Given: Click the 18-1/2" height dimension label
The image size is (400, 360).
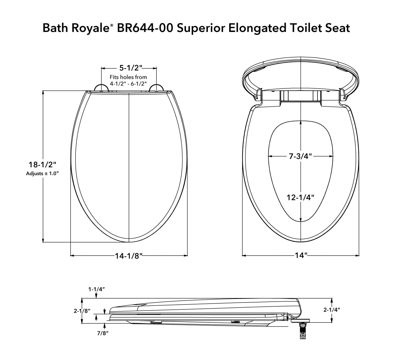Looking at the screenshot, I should pos(41,165).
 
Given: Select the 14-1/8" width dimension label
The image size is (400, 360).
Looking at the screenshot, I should pos(129,256).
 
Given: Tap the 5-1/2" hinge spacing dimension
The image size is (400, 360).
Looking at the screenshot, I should pos(129,67).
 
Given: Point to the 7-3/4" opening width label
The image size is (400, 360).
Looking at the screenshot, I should pos(301,157).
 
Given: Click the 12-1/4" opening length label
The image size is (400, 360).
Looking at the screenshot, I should pos(301,197).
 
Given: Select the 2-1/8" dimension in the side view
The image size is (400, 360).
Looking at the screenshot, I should pos(82,311).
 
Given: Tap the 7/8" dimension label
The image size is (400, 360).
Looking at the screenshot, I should pos(102,333).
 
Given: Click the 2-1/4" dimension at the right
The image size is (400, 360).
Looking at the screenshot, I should pos(332,309).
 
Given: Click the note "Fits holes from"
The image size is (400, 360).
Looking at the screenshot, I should pos(128,77).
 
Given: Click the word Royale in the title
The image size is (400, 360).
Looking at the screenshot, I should pos(91,28).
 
